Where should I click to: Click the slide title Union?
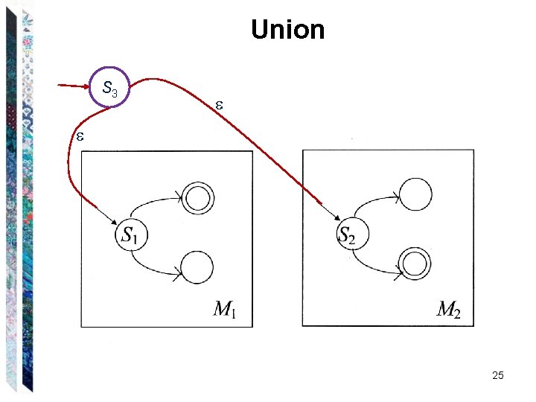[288, 30]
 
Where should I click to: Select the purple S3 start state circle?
[109, 88]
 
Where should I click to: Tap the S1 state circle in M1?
[131, 235]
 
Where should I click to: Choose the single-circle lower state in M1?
[197, 267]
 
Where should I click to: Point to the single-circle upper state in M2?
[415, 194]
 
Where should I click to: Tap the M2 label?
[448, 309]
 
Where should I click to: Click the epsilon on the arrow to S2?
[219, 106]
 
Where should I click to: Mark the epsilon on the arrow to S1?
[79, 136]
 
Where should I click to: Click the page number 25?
[498, 375]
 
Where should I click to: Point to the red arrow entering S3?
[74, 85]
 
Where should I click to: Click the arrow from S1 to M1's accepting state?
[156, 202]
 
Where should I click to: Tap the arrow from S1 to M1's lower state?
[154, 267]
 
